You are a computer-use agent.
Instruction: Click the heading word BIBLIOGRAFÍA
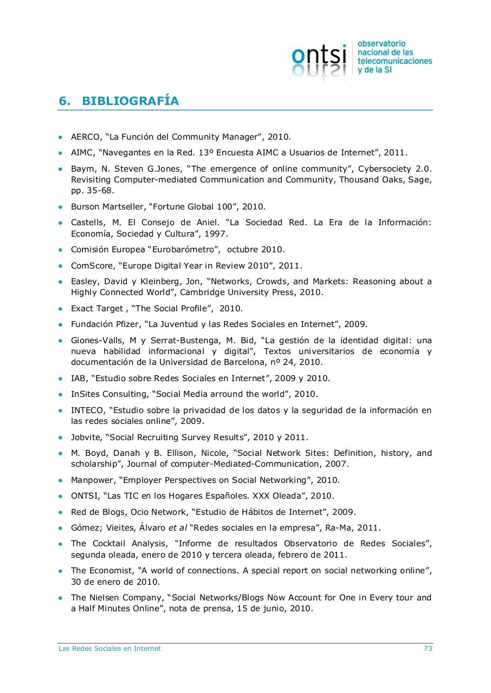[x=130, y=101]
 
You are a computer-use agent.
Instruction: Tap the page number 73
[x=428, y=648]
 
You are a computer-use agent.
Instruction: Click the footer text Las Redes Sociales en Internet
[x=109, y=648]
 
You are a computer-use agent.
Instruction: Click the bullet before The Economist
[x=61, y=571]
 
